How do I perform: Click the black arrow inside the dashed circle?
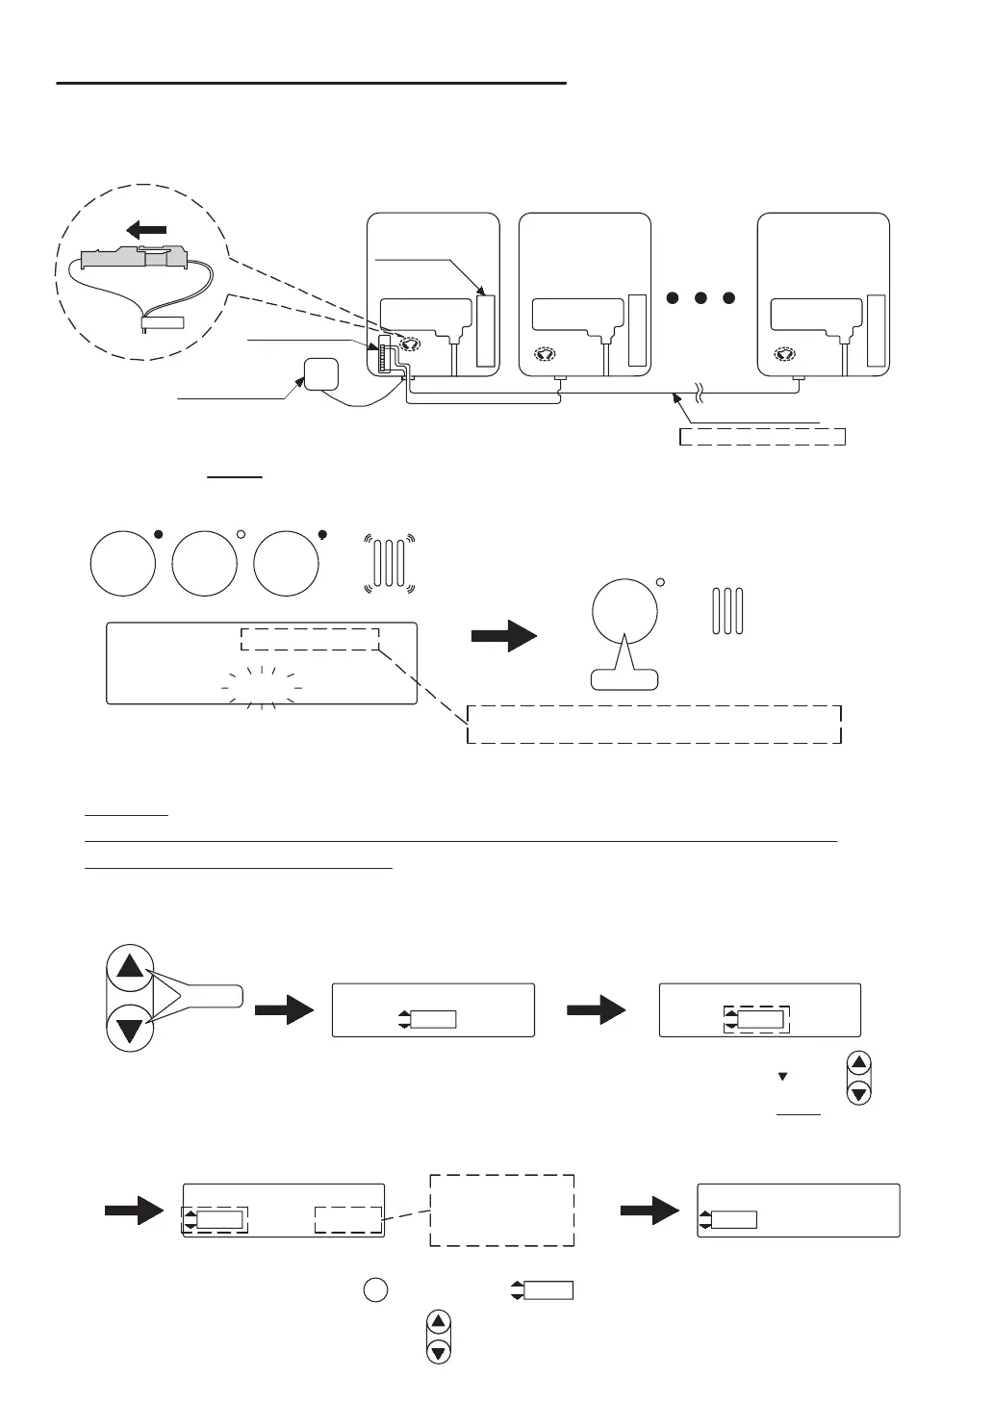pos(146,230)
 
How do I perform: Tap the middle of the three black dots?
pos(700,297)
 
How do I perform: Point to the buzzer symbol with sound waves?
pos(390,562)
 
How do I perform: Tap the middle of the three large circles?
pos(204,562)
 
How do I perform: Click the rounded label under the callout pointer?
pos(624,678)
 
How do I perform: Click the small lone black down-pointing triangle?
pos(782,1076)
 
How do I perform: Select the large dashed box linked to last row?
pos(501,1211)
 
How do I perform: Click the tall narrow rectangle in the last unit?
pos(875,331)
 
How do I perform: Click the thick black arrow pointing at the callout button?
pos(503,637)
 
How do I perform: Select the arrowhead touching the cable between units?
pos(682,400)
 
